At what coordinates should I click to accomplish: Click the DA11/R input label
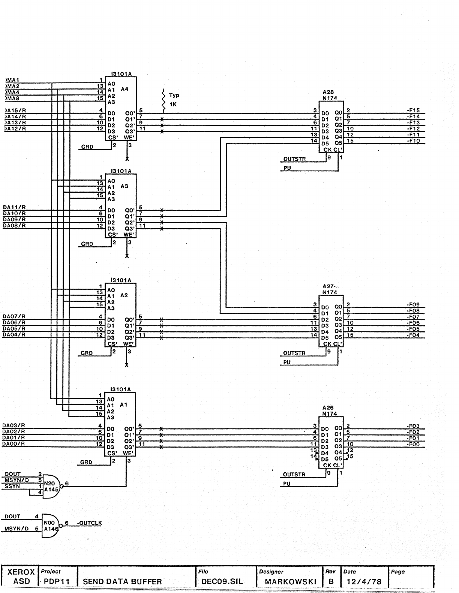click(14, 207)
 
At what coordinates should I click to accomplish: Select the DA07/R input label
click(14, 316)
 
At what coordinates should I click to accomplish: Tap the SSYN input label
click(12, 486)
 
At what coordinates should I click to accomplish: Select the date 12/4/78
click(364, 581)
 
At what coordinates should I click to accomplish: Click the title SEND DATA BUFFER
click(122, 581)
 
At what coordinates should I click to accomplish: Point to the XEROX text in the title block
click(21, 572)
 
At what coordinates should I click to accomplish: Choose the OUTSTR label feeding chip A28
click(294, 159)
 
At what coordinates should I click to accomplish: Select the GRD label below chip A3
click(87, 244)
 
